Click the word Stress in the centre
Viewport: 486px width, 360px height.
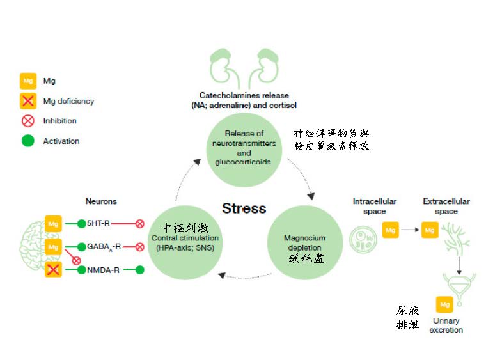[244, 208]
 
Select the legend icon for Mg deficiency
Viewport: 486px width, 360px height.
[28, 101]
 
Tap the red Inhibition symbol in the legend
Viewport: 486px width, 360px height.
[28, 121]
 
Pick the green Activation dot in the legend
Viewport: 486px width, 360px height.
[28, 141]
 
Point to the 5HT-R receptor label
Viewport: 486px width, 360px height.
[100, 224]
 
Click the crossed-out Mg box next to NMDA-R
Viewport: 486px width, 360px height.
[54, 270]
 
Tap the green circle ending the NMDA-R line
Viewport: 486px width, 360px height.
[139, 270]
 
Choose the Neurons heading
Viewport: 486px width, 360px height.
[101, 201]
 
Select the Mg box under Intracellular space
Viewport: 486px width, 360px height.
[391, 229]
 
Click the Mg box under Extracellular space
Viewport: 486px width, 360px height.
[430, 229]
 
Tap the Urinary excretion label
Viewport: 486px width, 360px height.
[446, 325]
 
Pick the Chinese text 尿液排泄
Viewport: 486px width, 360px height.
[407, 317]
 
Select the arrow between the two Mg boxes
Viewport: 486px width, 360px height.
[410, 229]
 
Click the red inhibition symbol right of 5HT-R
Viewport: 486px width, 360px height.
[139, 224]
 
